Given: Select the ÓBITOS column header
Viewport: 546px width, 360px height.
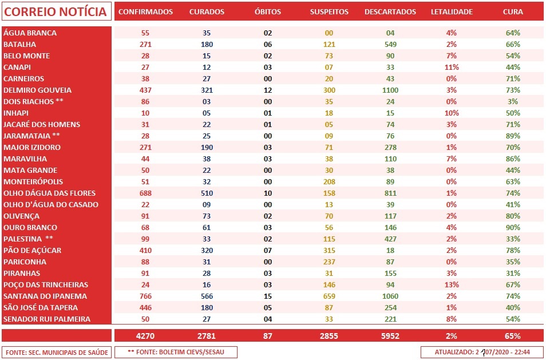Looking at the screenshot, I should (x=267, y=12).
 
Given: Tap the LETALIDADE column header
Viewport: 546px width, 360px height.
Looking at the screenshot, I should (x=452, y=12).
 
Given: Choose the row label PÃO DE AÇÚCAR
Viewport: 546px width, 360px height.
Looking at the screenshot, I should (x=33, y=250).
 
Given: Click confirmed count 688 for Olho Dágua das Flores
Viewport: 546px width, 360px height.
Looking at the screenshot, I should (x=145, y=193).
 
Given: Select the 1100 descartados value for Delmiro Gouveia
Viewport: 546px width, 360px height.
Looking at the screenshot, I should (x=390, y=90).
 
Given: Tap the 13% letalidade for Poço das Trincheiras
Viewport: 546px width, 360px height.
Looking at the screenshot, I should (x=452, y=284).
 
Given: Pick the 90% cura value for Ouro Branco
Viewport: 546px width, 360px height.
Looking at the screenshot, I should (x=513, y=227).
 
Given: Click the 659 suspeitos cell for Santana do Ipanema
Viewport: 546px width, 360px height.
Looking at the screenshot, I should (x=329, y=296).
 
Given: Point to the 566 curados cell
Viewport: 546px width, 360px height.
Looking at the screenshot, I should (x=207, y=296).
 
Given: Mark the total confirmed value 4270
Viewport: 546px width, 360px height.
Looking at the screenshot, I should (x=145, y=336).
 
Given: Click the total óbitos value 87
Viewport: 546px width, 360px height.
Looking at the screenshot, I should (x=267, y=336).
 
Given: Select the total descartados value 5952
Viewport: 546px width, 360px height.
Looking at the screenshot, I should (x=390, y=336).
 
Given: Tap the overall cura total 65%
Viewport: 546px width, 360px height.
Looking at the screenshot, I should (x=513, y=336).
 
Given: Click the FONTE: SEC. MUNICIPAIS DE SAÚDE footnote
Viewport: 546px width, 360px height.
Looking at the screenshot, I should (x=56, y=352).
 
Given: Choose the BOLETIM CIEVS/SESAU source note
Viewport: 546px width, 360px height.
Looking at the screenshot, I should (x=176, y=352).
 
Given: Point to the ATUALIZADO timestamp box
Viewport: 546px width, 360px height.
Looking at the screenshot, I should (x=482, y=352).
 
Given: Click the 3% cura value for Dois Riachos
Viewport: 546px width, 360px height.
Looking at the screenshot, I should (x=513, y=101).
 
